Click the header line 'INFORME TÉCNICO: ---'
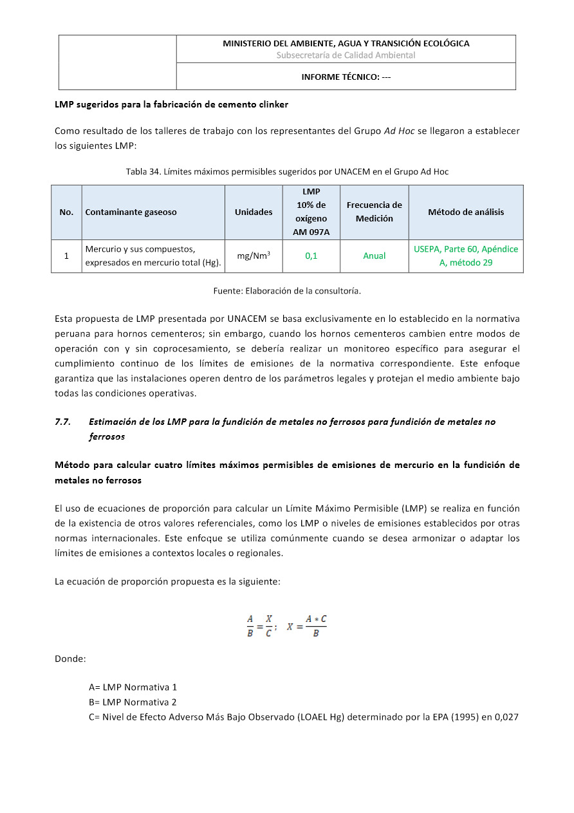pyautogui.click(x=346, y=77)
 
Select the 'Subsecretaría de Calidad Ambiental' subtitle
pyautogui.click(x=346, y=55)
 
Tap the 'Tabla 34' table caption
pyautogui.click(x=287, y=171)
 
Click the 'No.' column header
pyautogui.click(x=66, y=212)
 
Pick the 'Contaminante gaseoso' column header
pyautogui.click(x=131, y=212)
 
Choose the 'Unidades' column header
pyautogui.click(x=254, y=212)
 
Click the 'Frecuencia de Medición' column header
pyautogui.click(x=374, y=212)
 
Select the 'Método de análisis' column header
pyautogui.click(x=466, y=212)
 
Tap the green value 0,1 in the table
pyautogui.click(x=311, y=256)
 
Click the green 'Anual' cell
pyautogui.click(x=374, y=256)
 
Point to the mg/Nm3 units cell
pyautogui.click(x=254, y=256)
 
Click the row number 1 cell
pyautogui.click(x=66, y=256)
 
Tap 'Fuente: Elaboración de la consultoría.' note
pyautogui.click(x=287, y=291)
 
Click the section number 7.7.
pyautogui.click(x=62, y=422)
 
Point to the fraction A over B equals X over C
pyautogui.click(x=259, y=626)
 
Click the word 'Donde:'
pyautogui.click(x=70, y=659)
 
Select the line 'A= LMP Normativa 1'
pyautogui.click(x=133, y=687)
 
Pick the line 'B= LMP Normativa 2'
pyautogui.click(x=133, y=702)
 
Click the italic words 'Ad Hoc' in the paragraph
pyautogui.click(x=399, y=131)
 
